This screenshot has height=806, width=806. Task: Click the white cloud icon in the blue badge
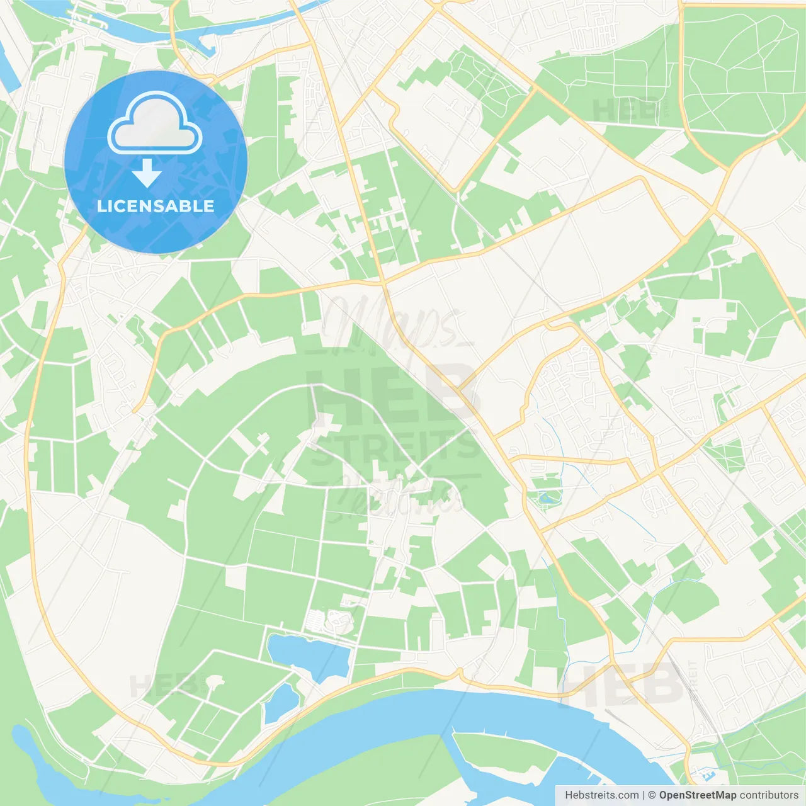155,123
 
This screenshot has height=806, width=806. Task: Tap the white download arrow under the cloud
147,174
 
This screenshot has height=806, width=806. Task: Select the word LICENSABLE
156,206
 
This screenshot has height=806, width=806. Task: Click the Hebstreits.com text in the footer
601,795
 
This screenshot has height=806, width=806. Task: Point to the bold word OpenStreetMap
697,795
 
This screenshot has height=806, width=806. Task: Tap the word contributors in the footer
769,795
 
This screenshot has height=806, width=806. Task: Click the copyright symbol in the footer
652,795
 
